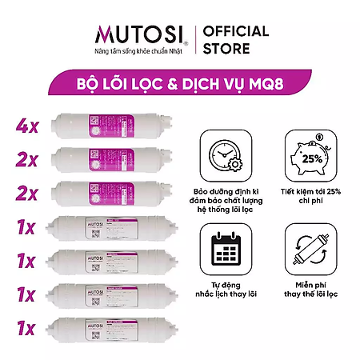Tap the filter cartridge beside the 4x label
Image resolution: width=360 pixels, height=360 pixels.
point(111,125)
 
